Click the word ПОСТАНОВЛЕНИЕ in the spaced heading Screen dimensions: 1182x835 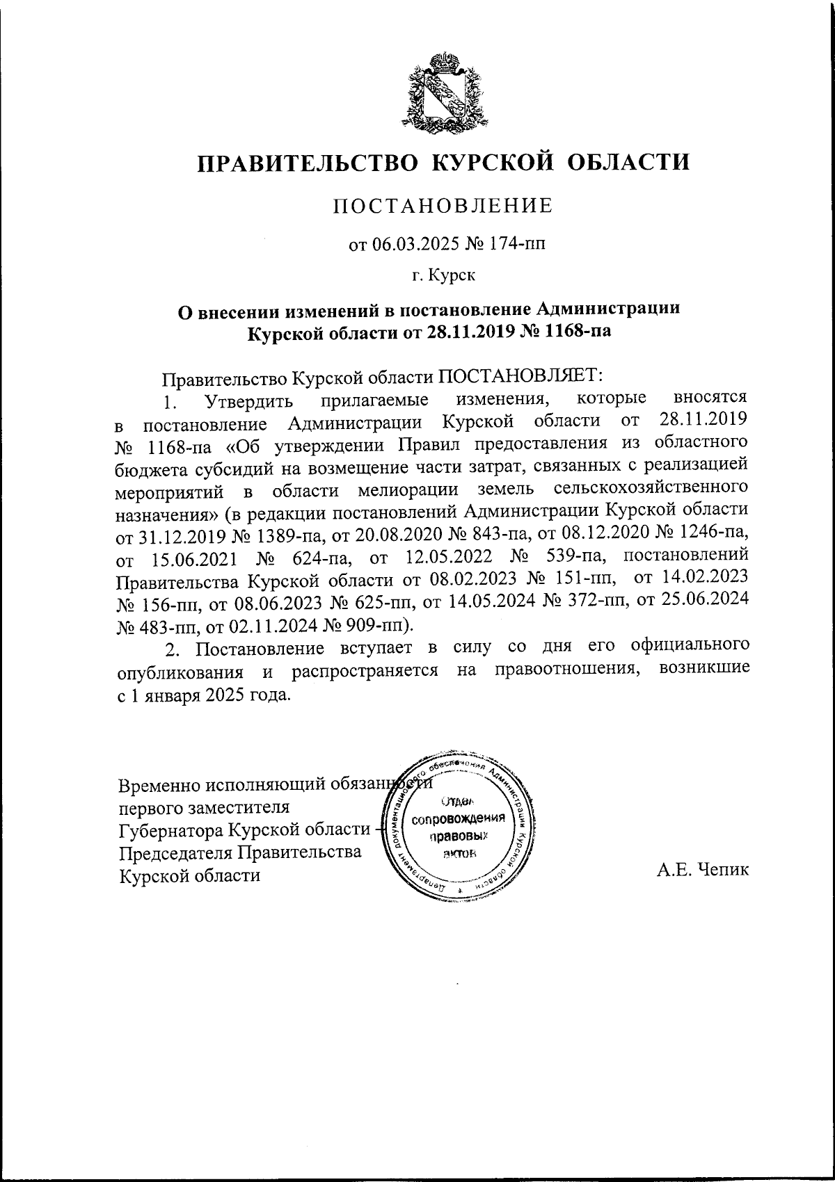[x=443, y=206]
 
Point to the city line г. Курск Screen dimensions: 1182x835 [x=443, y=277]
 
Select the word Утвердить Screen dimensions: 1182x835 [x=246, y=401]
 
